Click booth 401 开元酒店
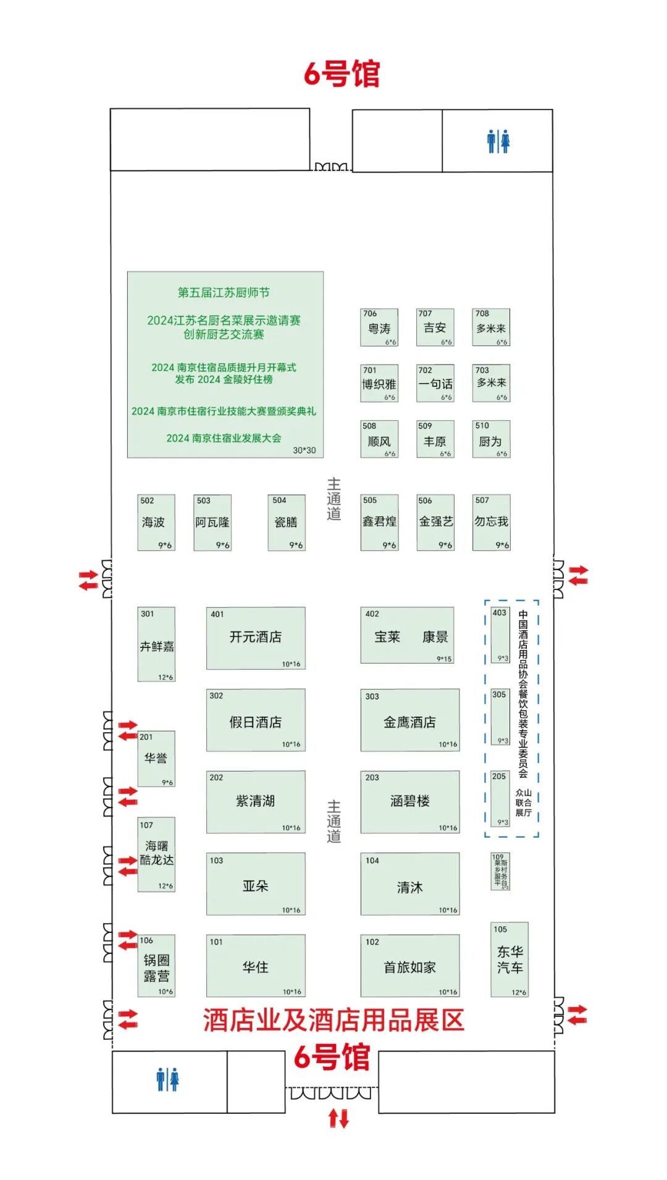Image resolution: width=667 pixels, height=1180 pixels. click(x=256, y=638)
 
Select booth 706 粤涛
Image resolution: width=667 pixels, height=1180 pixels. click(x=379, y=327)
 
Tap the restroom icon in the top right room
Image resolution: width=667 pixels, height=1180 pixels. click(x=498, y=141)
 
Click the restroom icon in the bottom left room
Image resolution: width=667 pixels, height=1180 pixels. click(x=167, y=1079)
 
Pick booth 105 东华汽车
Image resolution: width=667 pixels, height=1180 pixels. click(x=510, y=959)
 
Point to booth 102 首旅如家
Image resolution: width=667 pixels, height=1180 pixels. click(x=410, y=966)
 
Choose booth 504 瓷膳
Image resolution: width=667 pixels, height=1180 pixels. click(x=286, y=523)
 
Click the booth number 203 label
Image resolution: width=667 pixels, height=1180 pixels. click(x=372, y=778)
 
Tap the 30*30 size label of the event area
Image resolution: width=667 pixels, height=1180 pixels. click(x=304, y=450)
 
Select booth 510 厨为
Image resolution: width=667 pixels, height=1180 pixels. click(x=491, y=439)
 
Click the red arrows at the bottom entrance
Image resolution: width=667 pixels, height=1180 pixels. click(x=338, y=1118)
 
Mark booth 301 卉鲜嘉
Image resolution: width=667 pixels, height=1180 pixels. click(x=156, y=644)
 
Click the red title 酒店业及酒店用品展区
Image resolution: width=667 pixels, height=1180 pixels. click(x=333, y=1020)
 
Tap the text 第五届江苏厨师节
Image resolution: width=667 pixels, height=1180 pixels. click(x=224, y=292)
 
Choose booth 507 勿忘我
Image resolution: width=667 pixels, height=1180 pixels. click(x=491, y=523)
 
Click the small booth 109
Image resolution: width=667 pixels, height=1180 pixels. click(x=500, y=871)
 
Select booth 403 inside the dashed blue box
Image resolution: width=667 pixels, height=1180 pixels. click(x=500, y=634)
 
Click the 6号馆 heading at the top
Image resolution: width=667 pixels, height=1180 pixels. click(x=342, y=74)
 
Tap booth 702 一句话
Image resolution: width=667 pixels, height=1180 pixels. click(x=435, y=383)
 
